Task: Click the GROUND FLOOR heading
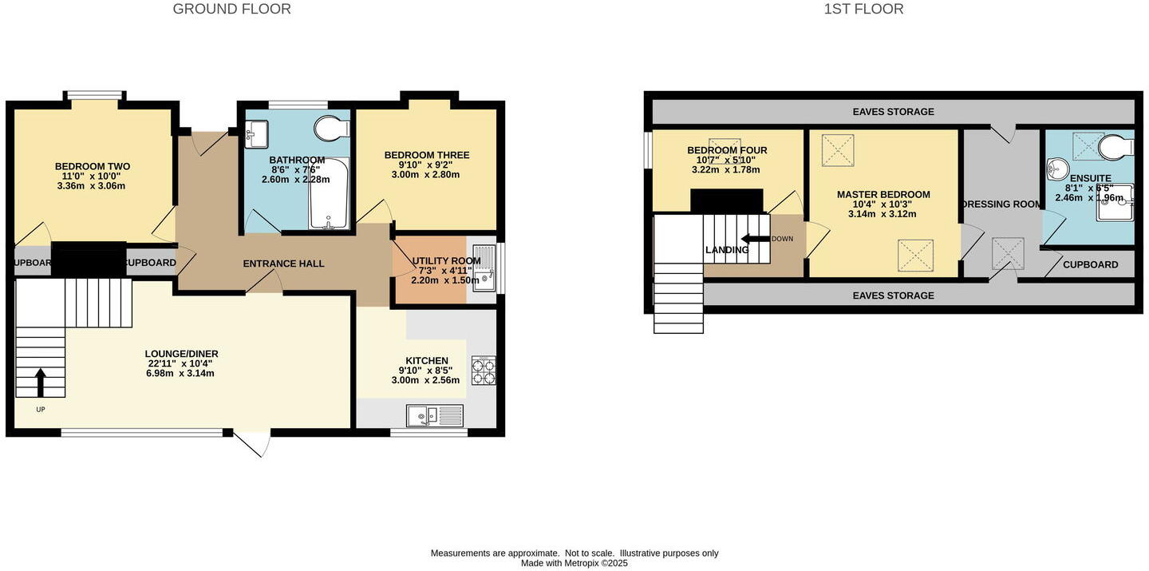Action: [231, 10]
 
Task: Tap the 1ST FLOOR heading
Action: [863, 10]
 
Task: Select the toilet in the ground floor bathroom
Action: [332, 129]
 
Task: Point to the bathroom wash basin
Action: [256, 133]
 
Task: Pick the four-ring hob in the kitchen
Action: [484, 370]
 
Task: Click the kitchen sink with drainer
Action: [434, 415]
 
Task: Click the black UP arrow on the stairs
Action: [40, 382]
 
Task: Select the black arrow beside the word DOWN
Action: [754, 238]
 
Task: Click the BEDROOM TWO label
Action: [93, 166]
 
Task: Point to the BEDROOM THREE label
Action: [427, 155]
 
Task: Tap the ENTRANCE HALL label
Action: [283, 264]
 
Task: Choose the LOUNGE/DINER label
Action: [181, 354]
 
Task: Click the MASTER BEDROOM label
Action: [883, 194]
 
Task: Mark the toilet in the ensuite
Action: [1115, 146]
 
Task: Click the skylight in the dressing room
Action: [1008, 253]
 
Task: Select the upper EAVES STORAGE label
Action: [893, 112]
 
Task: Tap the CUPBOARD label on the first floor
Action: [1090, 264]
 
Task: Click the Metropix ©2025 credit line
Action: [574, 563]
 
